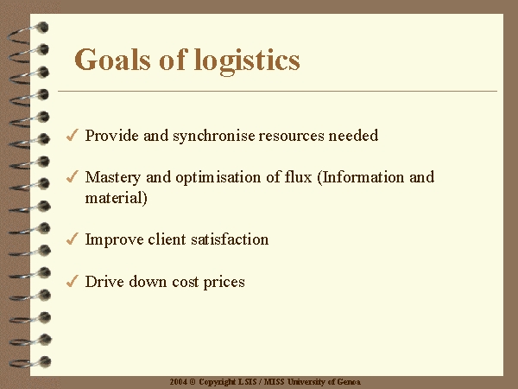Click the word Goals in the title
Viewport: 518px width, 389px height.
pyautogui.click(x=112, y=60)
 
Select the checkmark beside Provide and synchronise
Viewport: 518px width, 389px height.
pyautogui.click(x=72, y=135)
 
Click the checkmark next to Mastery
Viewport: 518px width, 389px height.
pyautogui.click(x=72, y=176)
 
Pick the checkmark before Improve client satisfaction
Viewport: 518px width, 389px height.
pyautogui.click(x=72, y=239)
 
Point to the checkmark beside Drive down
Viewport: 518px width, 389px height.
pyautogui.click(x=72, y=281)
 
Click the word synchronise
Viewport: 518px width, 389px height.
pyautogui.click(x=214, y=136)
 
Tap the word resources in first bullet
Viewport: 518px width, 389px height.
pyautogui.click(x=292, y=137)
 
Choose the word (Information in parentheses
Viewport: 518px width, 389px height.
pyautogui.click(x=360, y=177)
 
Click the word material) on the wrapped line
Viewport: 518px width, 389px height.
pyautogui.click(x=117, y=198)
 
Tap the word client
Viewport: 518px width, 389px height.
pyautogui.click(x=167, y=239)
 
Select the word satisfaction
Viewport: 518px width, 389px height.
pyautogui.click(x=230, y=239)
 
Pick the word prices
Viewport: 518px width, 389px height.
pyautogui.click(x=224, y=283)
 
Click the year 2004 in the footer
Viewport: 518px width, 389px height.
pyautogui.click(x=179, y=382)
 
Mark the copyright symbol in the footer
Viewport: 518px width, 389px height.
pyautogui.click(x=193, y=382)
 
